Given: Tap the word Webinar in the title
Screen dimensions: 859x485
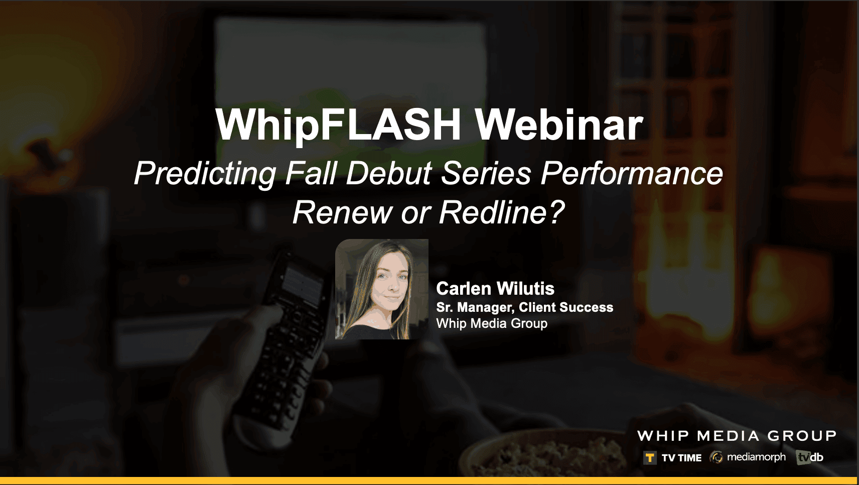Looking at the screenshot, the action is pyautogui.click(x=559, y=125).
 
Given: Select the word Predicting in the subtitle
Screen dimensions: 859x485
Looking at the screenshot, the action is pyautogui.click(x=205, y=174).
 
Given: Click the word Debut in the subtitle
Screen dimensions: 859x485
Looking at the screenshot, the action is pyautogui.click(x=389, y=173).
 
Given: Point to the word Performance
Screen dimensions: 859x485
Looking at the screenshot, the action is pyautogui.click(x=632, y=173).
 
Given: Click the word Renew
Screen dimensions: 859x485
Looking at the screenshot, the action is pyautogui.click(x=343, y=212).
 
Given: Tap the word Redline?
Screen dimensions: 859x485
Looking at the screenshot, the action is pyautogui.click(x=502, y=212).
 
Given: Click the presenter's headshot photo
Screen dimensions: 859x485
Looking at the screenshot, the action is pyautogui.click(x=382, y=289).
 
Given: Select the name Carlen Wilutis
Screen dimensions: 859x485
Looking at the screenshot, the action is pyautogui.click(x=495, y=289).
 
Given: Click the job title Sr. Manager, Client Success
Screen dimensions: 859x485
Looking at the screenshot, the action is pyautogui.click(x=525, y=307).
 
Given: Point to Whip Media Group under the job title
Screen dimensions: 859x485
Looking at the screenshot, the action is pyautogui.click(x=492, y=323).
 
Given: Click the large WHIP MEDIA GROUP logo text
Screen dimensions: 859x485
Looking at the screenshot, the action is pyautogui.click(x=737, y=436).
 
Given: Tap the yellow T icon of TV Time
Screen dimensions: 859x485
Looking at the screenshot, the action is pyautogui.click(x=650, y=458).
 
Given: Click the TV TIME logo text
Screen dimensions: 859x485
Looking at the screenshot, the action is pyautogui.click(x=681, y=458).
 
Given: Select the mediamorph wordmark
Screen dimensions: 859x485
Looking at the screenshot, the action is pyautogui.click(x=756, y=457).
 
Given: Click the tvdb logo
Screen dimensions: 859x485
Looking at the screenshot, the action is pyautogui.click(x=809, y=457).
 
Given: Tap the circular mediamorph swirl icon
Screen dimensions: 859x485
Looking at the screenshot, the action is pyautogui.click(x=716, y=457).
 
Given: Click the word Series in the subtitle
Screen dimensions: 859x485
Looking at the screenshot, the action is pyautogui.click(x=486, y=173).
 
